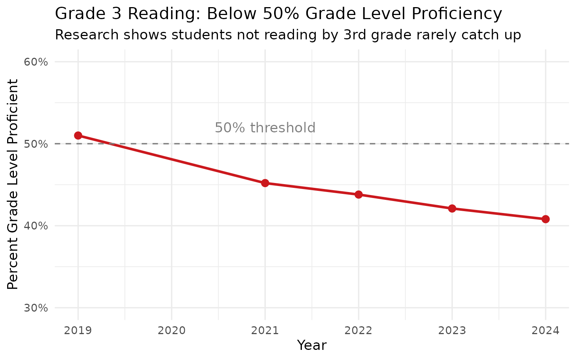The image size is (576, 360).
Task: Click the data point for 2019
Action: pyautogui.click(x=78, y=135)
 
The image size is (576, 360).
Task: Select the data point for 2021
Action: pyautogui.click(x=265, y=183)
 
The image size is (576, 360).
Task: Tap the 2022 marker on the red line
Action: pyautogui.click(x=358, y=194)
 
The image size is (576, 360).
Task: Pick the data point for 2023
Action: pyautogui.click(x=452, y=208)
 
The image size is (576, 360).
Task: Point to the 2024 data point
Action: pyautogui.click(x=546, y=219)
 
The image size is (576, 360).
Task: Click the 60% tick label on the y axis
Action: pyautogui.click(x=36, y=62)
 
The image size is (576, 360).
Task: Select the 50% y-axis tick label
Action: pyautogui.click(x=36, y=144)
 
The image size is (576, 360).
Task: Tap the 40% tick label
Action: pyautogui.click(x=36, y=226)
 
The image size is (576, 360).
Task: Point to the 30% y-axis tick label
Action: pyautogui.click(x=36, y=308)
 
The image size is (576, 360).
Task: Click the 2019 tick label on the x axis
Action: pyautogui.click(x=78, y=331)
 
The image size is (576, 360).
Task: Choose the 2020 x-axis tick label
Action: pyautogui.click(x=171, y=331)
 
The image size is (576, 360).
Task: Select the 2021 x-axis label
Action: pyautogui.click(x=265, y=331)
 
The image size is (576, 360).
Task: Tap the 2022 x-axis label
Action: pyautogui.click(x=358, y=331)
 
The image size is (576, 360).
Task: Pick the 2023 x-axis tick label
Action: pyautogui.click(x=452, y=331)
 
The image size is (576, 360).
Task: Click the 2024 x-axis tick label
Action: pyautogui.click(x=546, y=331)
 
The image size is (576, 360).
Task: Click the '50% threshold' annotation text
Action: pyautogui.click(x=265, y=128)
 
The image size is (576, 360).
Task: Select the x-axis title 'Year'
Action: pyautogui.click(x=312, y=345)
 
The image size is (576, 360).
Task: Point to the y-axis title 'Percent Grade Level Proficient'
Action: pyautogui.click(x=13, y=184)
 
